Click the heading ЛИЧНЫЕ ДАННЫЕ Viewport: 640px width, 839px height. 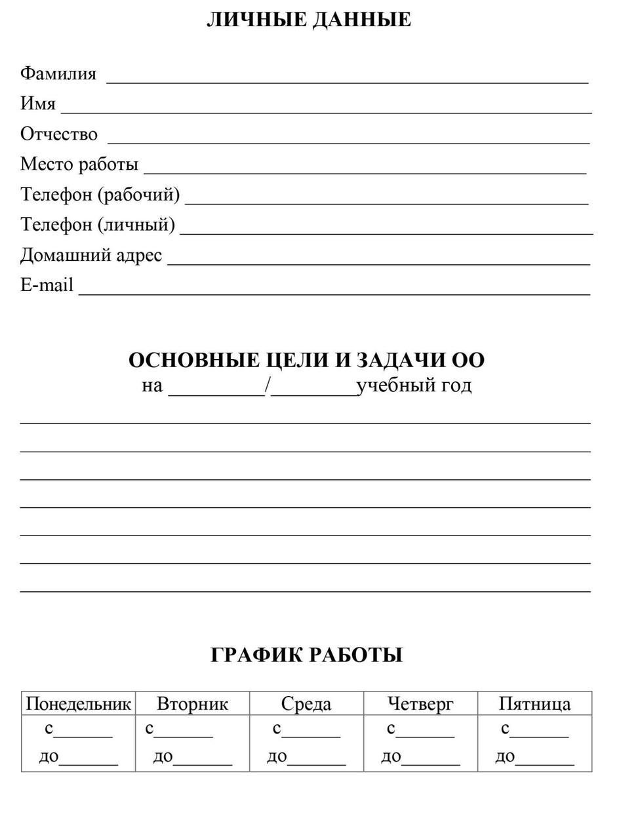(309, 20)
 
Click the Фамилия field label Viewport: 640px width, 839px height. (58, 73)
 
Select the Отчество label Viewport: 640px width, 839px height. (59, 134)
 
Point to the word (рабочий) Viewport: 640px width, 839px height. (138, 195)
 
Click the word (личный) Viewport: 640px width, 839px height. (136, 225)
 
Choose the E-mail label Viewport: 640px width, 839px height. (47, 286)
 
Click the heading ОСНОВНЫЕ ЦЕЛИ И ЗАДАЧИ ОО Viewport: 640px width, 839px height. (306, 361)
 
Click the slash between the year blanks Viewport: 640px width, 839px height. (268, 385)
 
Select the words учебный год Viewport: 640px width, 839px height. (414, 385)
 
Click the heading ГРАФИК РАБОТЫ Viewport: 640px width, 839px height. (306, 655)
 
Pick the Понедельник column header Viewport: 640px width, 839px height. (79, 704)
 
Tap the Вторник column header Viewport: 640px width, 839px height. (192, 704)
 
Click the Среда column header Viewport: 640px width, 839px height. (306, 704)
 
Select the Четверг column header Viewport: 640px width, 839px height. (420, 704)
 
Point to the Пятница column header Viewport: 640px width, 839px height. (534, 704)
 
